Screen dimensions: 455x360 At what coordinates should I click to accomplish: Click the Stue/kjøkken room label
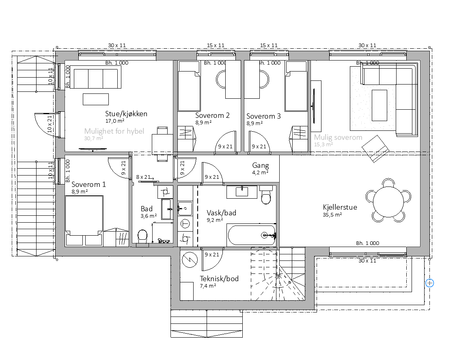(126, 114)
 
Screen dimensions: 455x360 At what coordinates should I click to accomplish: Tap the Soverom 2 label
(212, 115)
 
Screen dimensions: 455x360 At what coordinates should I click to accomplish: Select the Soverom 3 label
(263, 116)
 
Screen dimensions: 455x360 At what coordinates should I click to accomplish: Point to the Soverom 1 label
(88, 184)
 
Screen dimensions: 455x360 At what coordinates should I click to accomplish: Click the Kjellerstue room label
(340, 208)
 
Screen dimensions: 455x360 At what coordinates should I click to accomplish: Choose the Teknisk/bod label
(219, 279)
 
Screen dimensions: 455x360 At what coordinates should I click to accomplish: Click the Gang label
(260, 166)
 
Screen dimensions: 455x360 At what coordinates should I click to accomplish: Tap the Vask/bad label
(221, 213)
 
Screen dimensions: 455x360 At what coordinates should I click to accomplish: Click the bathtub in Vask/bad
(252, 235)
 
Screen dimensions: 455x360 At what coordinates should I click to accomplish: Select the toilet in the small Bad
(142, 237)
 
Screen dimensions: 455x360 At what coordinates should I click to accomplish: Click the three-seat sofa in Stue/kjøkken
(96, 77)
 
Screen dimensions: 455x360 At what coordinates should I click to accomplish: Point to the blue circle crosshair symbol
(429, 283)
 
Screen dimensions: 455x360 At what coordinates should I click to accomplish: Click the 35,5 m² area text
(332, 215)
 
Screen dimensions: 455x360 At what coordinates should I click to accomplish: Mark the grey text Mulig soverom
(338, 137)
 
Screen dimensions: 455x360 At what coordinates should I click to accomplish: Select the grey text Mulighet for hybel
(114, 131)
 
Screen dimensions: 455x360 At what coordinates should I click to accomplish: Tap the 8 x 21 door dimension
(143, 177)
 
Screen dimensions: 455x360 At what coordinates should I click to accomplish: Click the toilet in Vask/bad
(266, 195)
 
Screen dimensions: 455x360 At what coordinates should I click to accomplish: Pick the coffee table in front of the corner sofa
(380, 105)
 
